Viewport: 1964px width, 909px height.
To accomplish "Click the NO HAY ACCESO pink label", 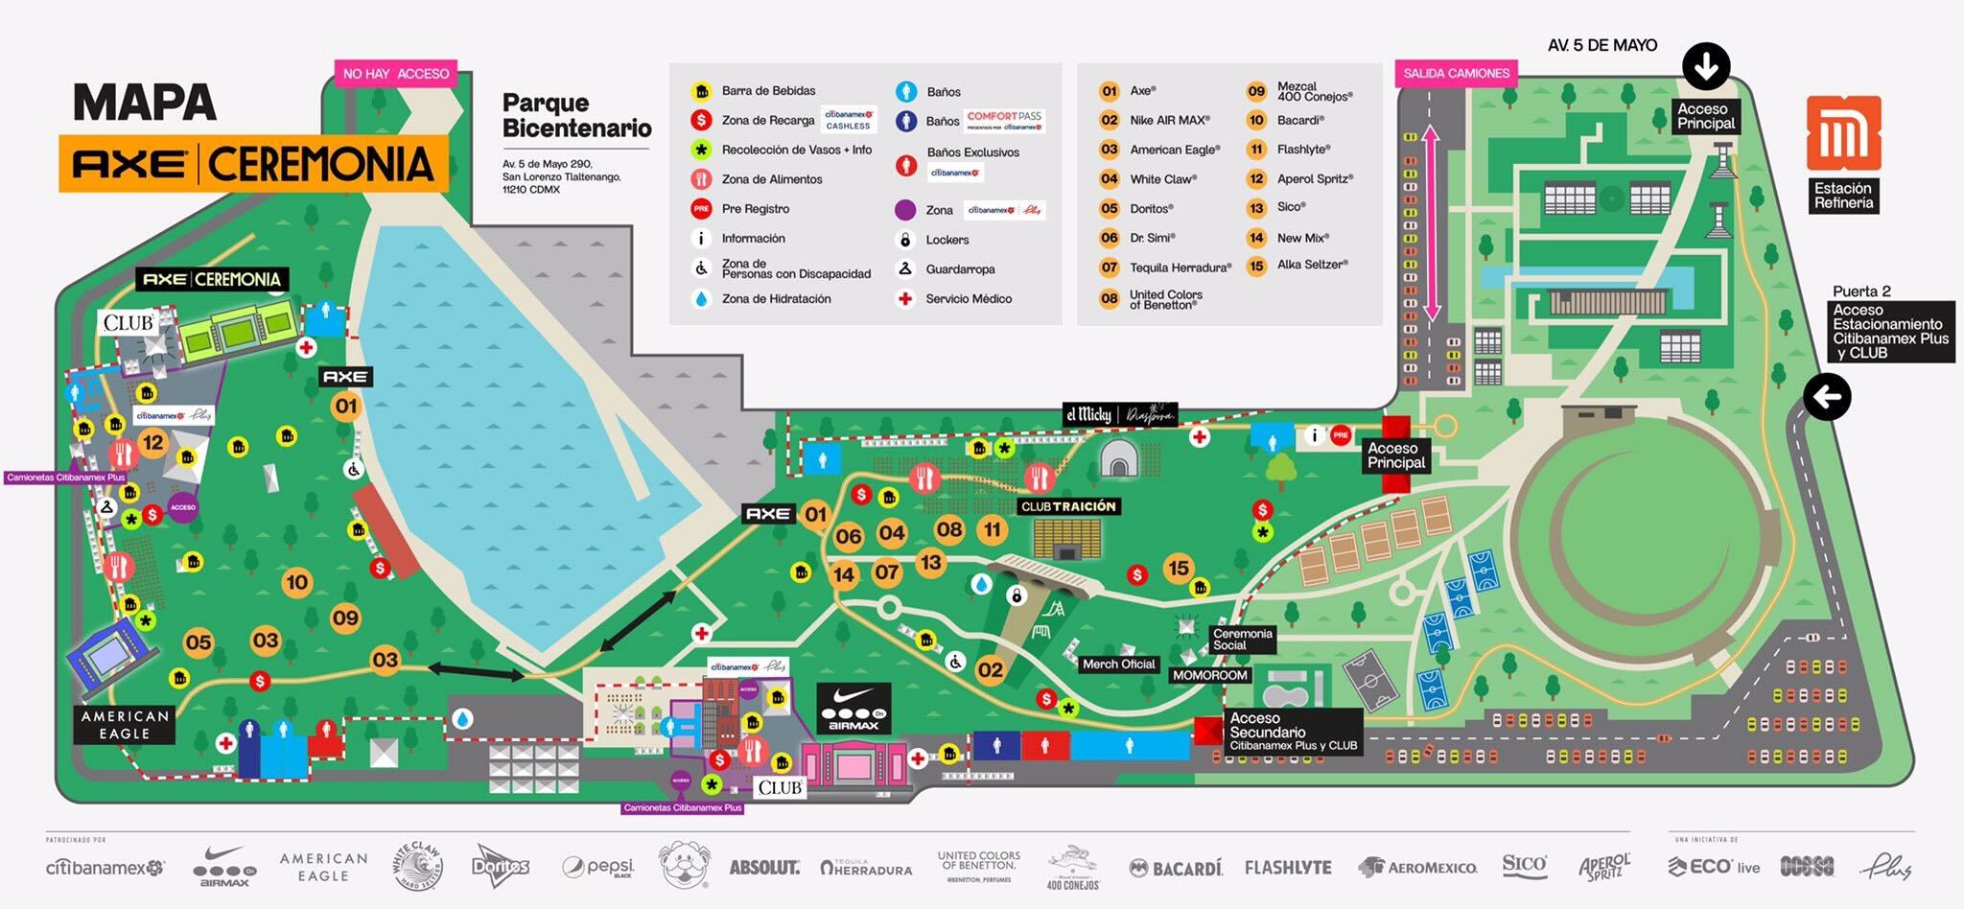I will point(396,74).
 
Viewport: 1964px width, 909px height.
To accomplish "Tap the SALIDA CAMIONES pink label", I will point(1456,73).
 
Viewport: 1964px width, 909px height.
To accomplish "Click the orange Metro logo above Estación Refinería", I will point(1843,133).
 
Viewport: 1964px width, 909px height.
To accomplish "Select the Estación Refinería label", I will point(1843,196).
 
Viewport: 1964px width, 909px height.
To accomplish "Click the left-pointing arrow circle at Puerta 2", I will point(1827,396).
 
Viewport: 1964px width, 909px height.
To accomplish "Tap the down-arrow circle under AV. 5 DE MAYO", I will point(1706,66).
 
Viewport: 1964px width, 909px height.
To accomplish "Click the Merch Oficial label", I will point(1118,664).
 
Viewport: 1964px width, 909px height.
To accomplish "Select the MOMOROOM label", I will point(1210,675).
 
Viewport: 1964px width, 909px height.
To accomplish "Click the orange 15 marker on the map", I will point(1179,568).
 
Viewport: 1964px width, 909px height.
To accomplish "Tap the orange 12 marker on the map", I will point(153,442).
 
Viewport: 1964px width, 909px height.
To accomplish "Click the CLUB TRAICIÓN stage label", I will point(1068,506).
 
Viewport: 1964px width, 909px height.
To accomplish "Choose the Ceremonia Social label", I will point(1242,640).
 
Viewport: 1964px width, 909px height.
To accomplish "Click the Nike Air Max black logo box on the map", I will point(853,708).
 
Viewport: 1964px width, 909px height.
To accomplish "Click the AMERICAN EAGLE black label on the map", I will point(126,725).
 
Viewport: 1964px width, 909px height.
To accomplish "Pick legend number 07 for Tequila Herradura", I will point(1110,268).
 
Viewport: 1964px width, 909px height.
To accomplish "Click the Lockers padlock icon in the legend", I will point(904,240).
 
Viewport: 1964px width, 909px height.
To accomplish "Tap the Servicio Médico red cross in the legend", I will point(904,299).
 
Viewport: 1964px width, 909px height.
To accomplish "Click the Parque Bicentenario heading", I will point(576,115).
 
